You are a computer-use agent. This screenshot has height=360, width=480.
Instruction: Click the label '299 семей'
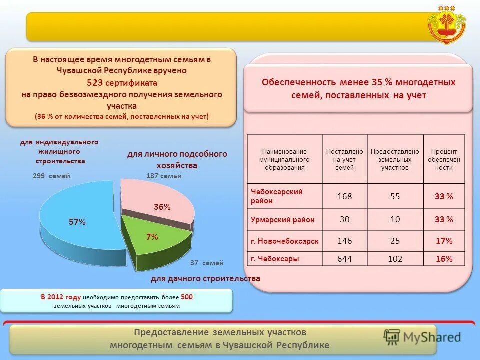point(51,176)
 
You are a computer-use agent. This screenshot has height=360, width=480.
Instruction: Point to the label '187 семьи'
point(164,176)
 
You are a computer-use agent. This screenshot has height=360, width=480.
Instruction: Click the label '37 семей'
point(207,263)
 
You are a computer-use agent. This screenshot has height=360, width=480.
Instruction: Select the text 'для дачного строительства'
point(205,278)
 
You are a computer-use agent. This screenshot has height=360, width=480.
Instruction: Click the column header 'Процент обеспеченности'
point(444,159)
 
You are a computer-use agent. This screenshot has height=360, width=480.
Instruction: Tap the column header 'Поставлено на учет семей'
point(344,159)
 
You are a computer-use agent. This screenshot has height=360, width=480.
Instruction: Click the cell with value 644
point(344,259)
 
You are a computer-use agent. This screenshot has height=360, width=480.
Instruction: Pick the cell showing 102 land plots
point(395,259)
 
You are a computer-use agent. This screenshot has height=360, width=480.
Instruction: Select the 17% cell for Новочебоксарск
point(444,241)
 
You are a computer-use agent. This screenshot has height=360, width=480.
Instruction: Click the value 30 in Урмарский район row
point(344,219)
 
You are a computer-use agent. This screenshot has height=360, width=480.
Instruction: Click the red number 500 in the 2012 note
point(187,297)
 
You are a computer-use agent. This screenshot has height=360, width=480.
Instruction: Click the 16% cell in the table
point(444,259)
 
